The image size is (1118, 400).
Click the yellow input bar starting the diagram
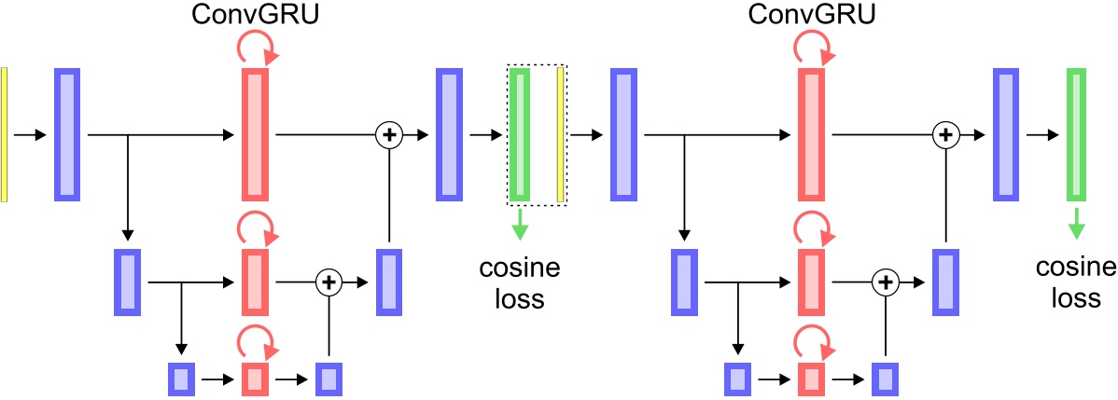coord(5,134)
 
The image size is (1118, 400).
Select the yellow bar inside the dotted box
coord(560,134)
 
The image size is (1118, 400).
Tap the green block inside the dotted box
coord(519,134)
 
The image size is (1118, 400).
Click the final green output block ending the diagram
coord(1077,134)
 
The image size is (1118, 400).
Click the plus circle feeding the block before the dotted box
coord(388,134)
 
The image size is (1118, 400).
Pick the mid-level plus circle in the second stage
coord(884,281)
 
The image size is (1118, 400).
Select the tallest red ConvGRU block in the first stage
coord(255,134)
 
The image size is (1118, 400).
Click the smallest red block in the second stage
coord(811,379)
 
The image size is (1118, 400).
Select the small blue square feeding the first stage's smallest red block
coord(180,379)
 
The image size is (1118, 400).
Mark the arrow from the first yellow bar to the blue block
coord(31,135)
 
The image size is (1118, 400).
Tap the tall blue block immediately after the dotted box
coord(622,134)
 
